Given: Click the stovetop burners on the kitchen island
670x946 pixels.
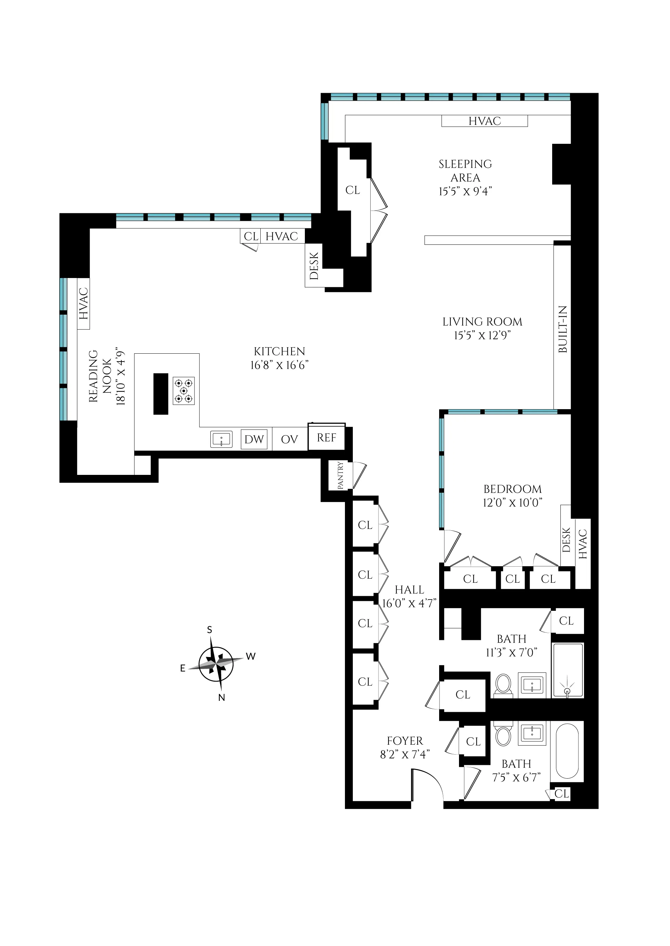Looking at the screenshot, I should point(184,391).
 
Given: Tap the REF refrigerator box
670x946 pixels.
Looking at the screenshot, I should point(326,438).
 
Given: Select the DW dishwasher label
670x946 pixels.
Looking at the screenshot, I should point(254,439).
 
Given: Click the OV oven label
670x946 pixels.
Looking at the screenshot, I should point(289,440).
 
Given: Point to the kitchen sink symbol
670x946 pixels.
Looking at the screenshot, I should point(222,439).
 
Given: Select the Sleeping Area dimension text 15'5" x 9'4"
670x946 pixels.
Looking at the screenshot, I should point(466,191).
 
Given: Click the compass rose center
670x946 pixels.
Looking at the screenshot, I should point(216,664).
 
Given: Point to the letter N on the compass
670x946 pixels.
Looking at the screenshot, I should point(222,698).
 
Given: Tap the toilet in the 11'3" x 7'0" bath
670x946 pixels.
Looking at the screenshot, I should point(503,685).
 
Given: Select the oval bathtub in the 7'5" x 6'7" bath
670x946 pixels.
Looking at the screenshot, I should point(567,752).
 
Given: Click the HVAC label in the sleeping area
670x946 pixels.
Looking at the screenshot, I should point(484,121).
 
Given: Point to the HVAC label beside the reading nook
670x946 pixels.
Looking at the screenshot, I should point(83,304).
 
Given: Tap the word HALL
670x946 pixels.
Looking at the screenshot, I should point(409,590).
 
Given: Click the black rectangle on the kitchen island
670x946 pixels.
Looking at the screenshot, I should point(161,394).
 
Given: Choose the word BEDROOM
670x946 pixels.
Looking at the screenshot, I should point(512,489).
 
